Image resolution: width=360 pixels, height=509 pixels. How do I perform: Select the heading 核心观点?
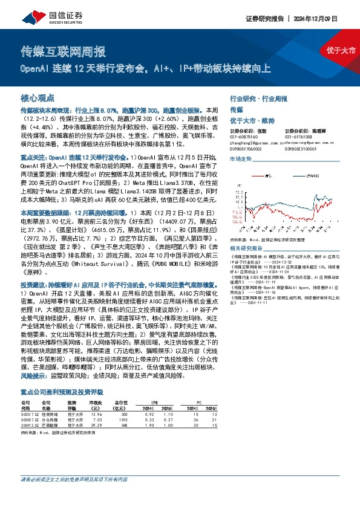[x=38, y=97]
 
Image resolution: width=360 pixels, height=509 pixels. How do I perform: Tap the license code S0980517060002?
[x=247, y=147]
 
